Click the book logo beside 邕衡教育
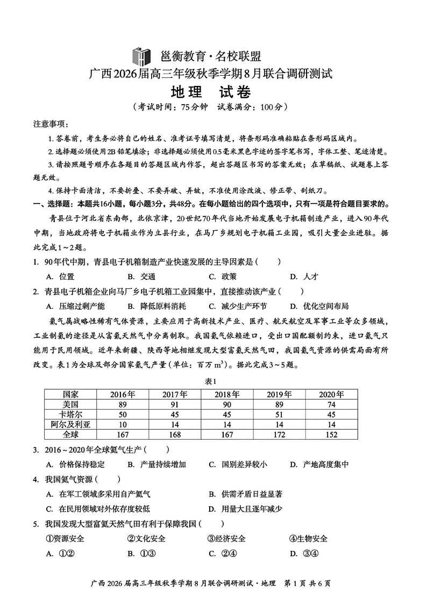[x=142, y=55]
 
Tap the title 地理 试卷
[x=213, y=92]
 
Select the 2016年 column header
[x=123, y=394]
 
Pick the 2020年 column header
[x=331, y=394]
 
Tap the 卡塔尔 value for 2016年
[x=123, y=414]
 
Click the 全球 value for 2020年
[x=331, y=434]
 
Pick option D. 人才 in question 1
[x=304, y=277]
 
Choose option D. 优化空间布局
[x=319, y=306]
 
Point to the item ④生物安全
[x=308, y=539]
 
